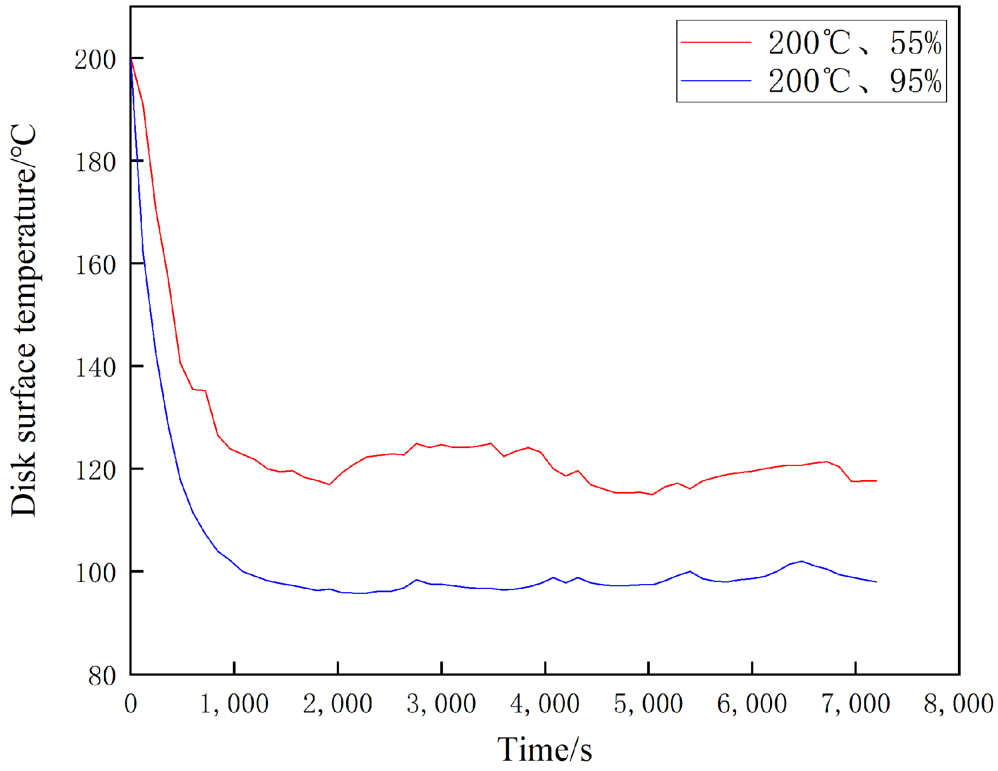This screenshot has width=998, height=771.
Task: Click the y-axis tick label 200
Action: (x=95, y=60)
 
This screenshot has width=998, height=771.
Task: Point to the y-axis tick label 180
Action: (x=95, y=162)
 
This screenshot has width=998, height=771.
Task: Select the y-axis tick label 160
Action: (x=95, y=265)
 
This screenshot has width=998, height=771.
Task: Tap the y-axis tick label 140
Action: (x=95, y=367)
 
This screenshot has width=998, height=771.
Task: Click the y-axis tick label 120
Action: (x=95, y=470)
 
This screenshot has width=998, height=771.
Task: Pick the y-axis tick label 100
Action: (x=95, y=573)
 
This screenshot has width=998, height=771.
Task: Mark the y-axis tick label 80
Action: (x=102, y=676)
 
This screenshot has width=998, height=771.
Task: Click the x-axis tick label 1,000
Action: (x=234, y=704)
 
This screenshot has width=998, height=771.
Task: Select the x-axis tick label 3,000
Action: (x=441, y=704)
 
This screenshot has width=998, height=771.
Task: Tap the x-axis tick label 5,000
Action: (x=648, y=704)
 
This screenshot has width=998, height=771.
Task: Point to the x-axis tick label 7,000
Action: (x=856, y=704)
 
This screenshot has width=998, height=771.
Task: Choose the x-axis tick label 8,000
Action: (x=958, y=704)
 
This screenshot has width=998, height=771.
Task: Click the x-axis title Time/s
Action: (x=545, y=749)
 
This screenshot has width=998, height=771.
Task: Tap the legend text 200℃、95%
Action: (x=855, y=81)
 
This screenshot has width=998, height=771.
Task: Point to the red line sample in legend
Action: (x=716, y=42)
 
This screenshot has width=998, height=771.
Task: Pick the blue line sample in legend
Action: (x=716, y=81)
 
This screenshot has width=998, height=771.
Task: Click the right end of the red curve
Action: (x=876, y=481)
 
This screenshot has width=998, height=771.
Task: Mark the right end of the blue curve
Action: (x=876, y=581)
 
